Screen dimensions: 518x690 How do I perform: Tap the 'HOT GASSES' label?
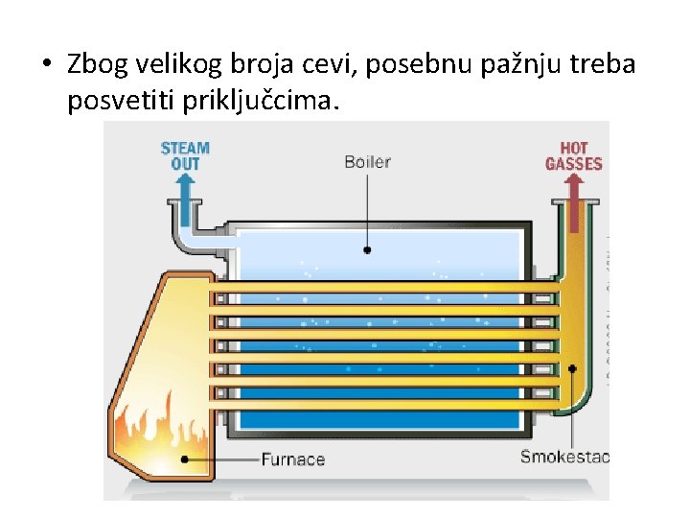pyautogui.click(x=573, y=155)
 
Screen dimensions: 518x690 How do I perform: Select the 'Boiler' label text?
pyautogui.click(x=368, y=162)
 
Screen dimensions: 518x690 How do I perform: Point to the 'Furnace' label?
pyautogui.click(x=293, y=459)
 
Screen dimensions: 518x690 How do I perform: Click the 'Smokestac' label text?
pyautogui.click(x=563, y=457)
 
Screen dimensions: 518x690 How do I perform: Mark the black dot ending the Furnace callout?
pyautogui.click(x=186, y=459)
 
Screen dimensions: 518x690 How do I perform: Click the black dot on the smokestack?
pyautogui.click(x=572, y=367)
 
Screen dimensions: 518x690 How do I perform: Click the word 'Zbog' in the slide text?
pyautogui.click(x=102, y=66)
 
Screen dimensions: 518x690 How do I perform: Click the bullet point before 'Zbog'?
pyautogui.click(x=46, y=66)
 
